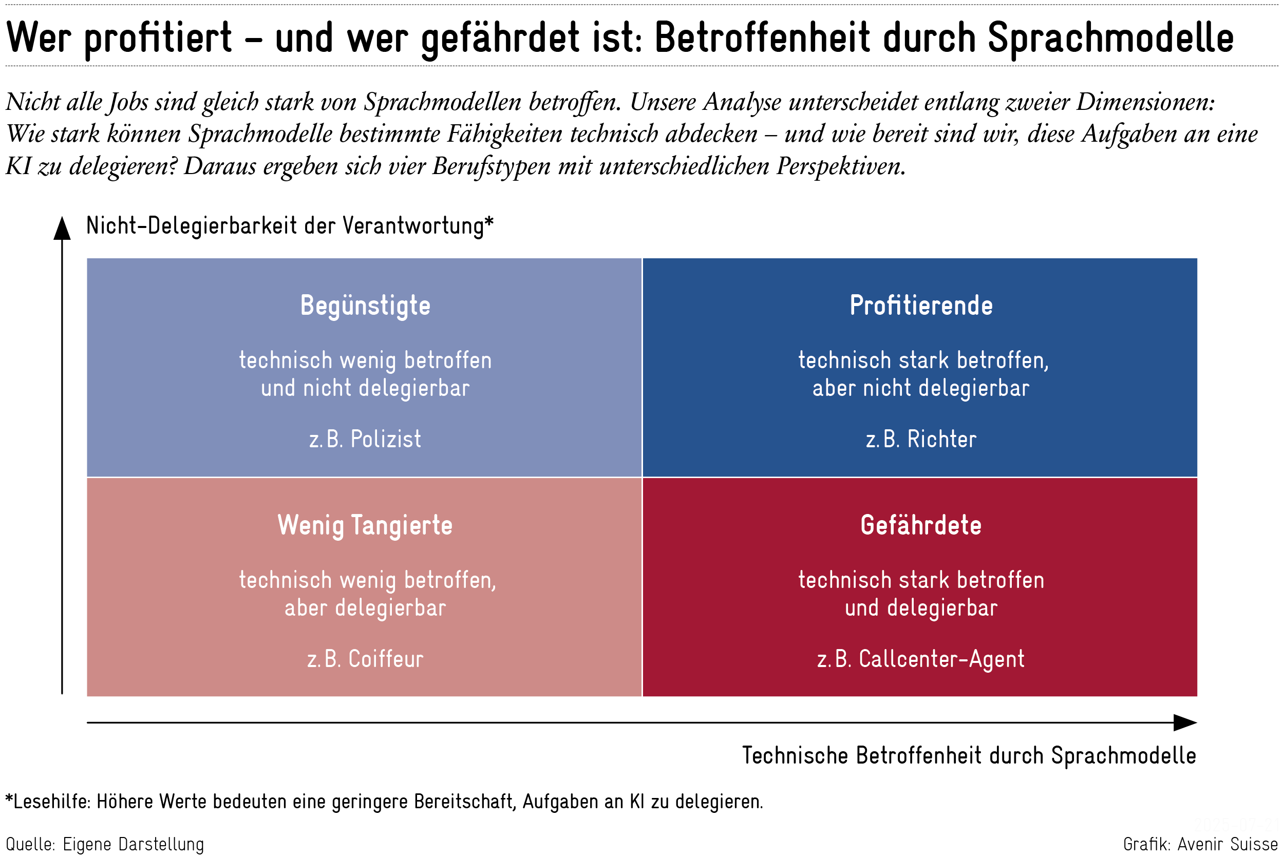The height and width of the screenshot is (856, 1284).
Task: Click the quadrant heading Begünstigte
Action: (x=365, y=306)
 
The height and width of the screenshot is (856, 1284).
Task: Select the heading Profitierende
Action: (x=921, y=306)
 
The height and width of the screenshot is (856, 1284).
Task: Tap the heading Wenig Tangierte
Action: (x=365, y=526)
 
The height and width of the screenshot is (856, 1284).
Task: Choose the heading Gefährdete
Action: (x=921, y=526)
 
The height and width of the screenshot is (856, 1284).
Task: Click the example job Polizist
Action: (x=385, y=440)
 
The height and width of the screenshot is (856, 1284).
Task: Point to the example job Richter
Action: (x=942, y=440)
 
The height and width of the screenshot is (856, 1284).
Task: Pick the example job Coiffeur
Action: (x=385, y=659)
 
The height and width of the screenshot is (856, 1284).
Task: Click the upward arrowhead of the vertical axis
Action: (x=62, y=228)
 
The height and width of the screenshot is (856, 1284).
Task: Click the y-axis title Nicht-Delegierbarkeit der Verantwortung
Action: (x=289, y=226)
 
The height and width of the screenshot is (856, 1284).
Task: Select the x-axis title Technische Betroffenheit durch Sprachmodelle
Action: (x=969, y=756)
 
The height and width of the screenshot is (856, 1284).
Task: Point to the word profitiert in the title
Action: (x=158, y=38)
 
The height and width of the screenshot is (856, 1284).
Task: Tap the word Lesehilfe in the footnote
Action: (x=52, y=802)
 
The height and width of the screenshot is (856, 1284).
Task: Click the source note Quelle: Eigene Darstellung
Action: (x=105, y=844)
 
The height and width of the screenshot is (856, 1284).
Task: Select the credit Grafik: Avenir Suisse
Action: (x=1200, y=844)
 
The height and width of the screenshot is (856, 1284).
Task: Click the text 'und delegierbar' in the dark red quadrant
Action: (x=921, y=608)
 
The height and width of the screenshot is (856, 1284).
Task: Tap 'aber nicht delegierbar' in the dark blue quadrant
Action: (x=921, y=388)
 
